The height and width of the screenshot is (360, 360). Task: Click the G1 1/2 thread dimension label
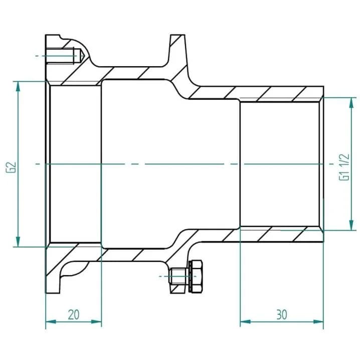pyautogui.click(x=344, y=167)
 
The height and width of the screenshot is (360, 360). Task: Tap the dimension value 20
pyautogui.click(x=74, y=314)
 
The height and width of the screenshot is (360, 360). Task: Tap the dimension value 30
pyautogui.click(x=282, y=314)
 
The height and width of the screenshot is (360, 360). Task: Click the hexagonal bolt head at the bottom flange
pyautogui.click(x=197, y=276)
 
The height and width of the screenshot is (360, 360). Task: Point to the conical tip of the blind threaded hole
pyautogui.click(x=82, y=56)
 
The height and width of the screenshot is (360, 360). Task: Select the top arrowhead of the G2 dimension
pyautogui.click(x=18, y=87)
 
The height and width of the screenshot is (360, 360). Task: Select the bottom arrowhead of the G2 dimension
pyautogui.click(x=18, y=242)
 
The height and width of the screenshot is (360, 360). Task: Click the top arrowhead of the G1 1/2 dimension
pyautogui.click(x=351, y=103)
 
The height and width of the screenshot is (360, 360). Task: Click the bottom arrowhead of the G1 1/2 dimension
pyautogui.click(x=351, y=225)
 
